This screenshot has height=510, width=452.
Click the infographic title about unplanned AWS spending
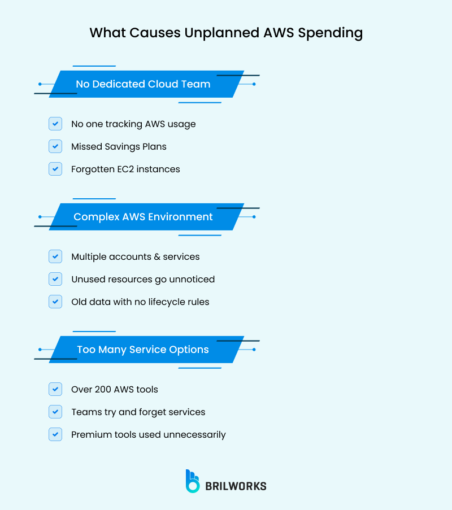click(226, 33)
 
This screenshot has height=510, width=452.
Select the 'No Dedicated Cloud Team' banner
click(144, 84)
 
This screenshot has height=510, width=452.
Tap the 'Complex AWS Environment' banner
click(144, 217)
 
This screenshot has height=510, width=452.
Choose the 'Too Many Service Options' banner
click(144, 350)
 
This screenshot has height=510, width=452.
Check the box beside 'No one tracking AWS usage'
click(55, 124)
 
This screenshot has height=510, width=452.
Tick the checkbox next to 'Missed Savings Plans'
click(55, 146)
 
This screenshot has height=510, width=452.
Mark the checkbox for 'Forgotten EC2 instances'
click(55, 169)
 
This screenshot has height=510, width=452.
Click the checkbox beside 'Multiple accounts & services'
click(55, 256)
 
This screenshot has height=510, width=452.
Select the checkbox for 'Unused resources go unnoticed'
click(55, 279)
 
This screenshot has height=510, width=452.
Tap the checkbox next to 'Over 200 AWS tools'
click(55, 389)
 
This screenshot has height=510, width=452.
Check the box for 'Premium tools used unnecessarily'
click(55, 434)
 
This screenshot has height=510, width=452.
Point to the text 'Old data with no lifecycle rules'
click(140, 302)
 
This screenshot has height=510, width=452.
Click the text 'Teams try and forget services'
click(138, 412)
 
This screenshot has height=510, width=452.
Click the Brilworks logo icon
click(193, 481)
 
